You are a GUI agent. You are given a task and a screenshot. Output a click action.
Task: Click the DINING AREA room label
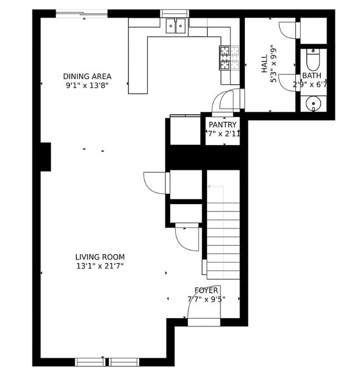click(87, 76)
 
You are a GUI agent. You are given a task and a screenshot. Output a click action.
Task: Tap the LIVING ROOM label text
click(100, 257)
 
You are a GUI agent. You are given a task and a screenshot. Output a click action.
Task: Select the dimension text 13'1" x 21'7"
click(100, 266)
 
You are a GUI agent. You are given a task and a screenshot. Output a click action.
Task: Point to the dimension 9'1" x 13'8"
click(87, 85)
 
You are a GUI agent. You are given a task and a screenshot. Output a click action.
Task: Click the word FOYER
click(206, 291)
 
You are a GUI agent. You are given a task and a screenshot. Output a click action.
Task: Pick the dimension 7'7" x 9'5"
click(206, 299)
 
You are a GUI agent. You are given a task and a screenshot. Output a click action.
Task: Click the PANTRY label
click(223, 125)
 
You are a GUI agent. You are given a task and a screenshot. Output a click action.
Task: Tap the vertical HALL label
click(265, 64)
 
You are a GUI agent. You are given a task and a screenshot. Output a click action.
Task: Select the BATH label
click(311, 76)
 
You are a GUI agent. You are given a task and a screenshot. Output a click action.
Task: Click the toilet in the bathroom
click(313, 58)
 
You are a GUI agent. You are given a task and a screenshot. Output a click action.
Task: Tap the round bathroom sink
click(314, 103)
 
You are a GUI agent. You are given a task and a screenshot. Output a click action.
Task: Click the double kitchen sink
click(176, 25)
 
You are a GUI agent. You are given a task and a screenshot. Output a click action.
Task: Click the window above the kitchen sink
click(174, 13)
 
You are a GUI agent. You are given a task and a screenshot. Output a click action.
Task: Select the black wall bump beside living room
click(45, 157)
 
